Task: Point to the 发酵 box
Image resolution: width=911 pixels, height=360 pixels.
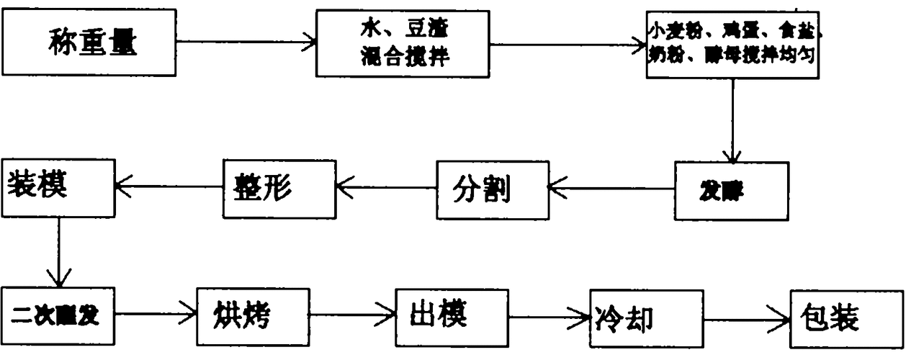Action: [x=731, y=190]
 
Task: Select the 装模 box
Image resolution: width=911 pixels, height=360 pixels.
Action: [x=58, y=188]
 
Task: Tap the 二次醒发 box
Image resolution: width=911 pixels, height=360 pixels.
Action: [x=58, y=315]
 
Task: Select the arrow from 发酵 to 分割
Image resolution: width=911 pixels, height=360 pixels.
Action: [x=612, y=189]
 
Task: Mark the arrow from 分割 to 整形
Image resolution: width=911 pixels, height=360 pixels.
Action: [x=386, y=189]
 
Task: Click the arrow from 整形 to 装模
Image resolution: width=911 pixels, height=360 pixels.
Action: [x=169, y=187]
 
